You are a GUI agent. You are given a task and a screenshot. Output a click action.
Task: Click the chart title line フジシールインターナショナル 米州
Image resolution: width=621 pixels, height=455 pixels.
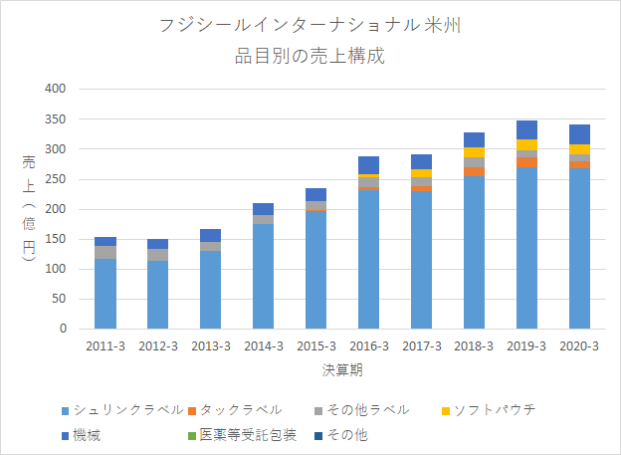point(310,26)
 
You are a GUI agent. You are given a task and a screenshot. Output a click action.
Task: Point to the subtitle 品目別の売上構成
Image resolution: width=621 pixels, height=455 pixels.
point(310,56)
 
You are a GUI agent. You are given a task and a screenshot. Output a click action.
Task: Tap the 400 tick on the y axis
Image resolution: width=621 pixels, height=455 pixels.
point(56,89)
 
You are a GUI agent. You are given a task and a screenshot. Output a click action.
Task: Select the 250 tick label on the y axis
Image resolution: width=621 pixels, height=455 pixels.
point(56,179)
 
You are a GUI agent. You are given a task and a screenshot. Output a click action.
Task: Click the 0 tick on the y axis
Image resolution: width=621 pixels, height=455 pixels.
point(63,329)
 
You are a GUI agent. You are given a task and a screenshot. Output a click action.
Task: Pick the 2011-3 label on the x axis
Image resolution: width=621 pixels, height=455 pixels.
point(105,346)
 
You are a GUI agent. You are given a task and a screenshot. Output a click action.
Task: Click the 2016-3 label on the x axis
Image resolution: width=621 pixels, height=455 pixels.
point(369,346)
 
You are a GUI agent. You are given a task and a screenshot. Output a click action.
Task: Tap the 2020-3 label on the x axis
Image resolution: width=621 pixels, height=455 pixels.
point(579,346)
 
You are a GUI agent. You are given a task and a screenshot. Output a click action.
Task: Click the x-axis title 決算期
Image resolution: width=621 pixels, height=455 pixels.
point(342,369)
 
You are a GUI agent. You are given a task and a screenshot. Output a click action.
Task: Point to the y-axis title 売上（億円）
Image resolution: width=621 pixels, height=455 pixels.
point(29,208)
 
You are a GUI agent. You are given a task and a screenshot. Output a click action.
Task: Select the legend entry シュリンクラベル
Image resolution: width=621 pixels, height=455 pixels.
point(122,410)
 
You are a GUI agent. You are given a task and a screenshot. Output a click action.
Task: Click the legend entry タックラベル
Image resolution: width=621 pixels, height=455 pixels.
point(235,410)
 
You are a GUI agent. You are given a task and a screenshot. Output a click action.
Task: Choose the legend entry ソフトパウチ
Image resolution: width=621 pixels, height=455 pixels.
point(489,410)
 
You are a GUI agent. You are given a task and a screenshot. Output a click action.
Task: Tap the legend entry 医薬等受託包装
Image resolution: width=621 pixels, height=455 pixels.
point(242,435)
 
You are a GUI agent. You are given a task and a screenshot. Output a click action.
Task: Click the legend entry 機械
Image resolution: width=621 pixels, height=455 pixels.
point(82,435)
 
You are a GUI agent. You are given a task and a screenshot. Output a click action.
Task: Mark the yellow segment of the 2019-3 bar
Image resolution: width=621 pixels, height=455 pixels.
point(526,144)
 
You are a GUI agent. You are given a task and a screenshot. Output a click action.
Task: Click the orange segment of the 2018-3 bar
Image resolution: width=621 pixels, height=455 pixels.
point(474,171)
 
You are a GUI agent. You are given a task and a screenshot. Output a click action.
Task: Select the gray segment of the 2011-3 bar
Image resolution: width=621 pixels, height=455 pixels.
point(105,253)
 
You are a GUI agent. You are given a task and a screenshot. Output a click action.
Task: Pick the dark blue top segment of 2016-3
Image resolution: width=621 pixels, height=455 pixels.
point(368,165)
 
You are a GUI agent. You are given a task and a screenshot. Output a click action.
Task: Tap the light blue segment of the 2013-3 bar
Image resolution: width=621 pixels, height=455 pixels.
point(210,290)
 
